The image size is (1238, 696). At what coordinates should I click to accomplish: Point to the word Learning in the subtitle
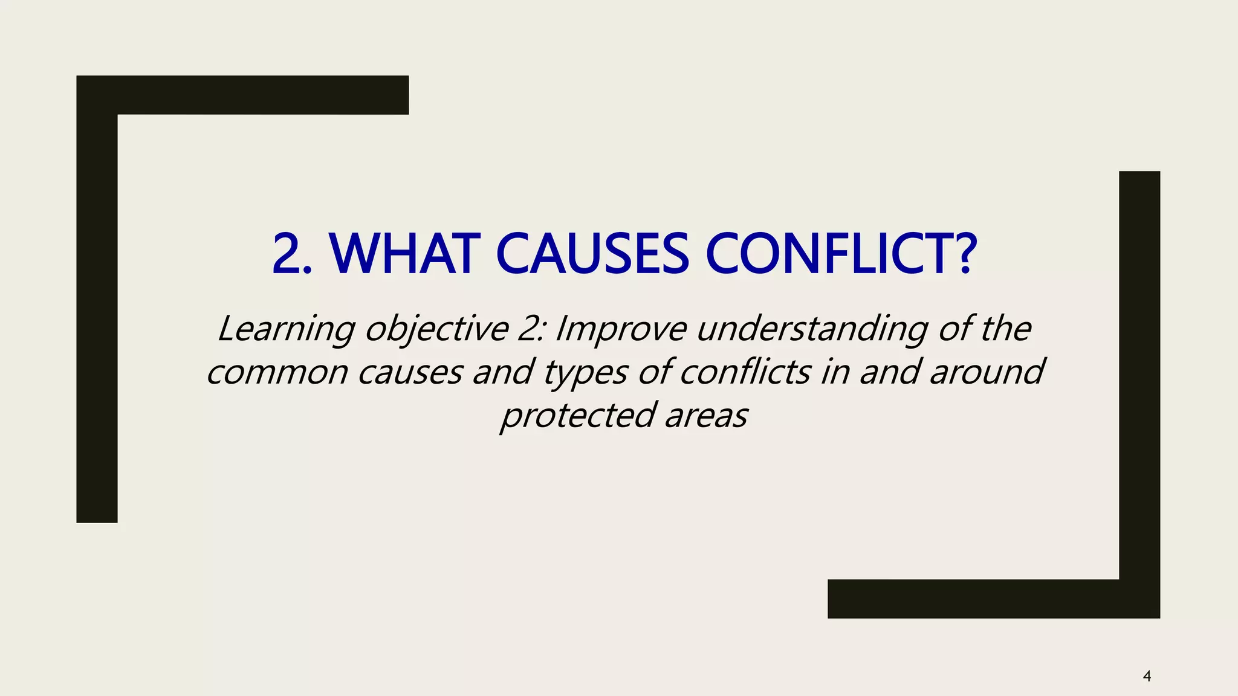click(x=286, y=329)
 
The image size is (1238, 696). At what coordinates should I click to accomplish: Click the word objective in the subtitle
click(x=436, y=329)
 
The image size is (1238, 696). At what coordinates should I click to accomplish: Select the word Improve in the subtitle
click(x=621, y=329)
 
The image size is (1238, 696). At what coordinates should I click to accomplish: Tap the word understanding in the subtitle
click(x=811, y=329)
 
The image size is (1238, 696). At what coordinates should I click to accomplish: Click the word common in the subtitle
click(x=277, y=372)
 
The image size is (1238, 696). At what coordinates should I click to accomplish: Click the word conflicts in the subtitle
click(x=745, y=372)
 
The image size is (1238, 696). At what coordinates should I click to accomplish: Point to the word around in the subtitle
click(x=987, y=372)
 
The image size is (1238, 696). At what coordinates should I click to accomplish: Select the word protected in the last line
click(x=578, y=416)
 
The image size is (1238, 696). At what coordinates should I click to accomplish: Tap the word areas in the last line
click(x=706, y=416)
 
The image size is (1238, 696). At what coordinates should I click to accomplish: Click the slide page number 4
click(x=1147, y=676)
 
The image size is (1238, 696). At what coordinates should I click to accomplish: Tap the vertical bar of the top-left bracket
click(x=97, y=314)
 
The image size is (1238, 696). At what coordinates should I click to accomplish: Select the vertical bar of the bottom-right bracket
click(x=1139, y=375)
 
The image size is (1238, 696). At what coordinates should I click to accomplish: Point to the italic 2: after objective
click(x=531, y=329)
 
